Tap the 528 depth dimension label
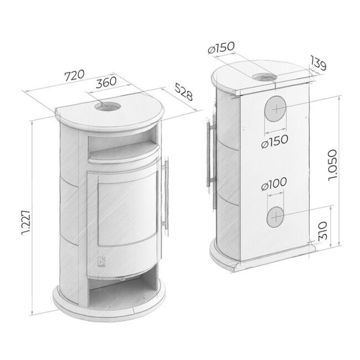184,92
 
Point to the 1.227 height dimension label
25,222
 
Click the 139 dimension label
318,63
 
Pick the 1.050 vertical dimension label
332,165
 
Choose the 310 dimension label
323,230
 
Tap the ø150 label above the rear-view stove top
221,48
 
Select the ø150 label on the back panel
275,142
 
